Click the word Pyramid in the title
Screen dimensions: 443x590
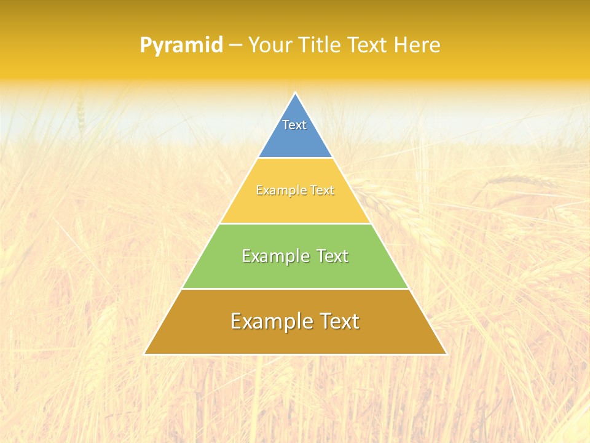[x=181, y=46]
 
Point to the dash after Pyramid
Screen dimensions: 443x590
[x=235, y=46]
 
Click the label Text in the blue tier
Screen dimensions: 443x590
[x=294, y=125]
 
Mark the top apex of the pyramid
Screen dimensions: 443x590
[x=296, y=94]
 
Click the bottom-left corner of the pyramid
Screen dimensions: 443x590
[x=145, y=353]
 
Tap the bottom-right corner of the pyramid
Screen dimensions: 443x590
[x=446, y=353]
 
